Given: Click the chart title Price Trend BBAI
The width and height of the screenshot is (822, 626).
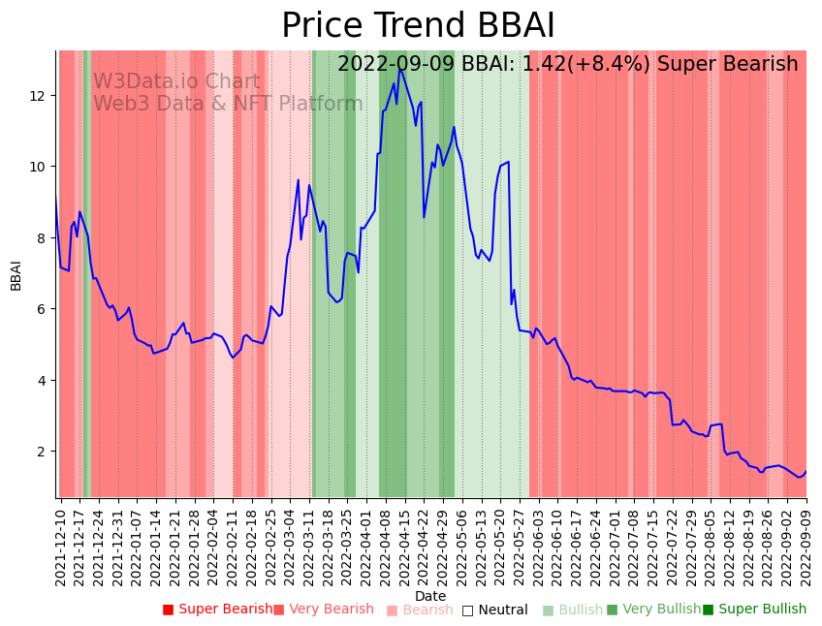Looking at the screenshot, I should point(418,26).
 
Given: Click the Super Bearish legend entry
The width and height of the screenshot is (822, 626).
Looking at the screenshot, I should point(218,610).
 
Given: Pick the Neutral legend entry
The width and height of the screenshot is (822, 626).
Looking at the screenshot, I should point(495,610).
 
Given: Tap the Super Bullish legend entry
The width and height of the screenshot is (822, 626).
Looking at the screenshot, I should point(755,610).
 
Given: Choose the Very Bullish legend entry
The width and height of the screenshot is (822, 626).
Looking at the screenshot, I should point(654,610).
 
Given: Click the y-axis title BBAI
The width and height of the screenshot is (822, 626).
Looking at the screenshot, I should point(16,274).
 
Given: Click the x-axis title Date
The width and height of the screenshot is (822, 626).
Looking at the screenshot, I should point(430,597).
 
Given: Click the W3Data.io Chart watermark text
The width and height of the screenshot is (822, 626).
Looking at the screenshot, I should point(176,82).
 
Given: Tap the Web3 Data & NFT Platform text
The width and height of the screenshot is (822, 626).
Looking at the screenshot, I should point(228,105).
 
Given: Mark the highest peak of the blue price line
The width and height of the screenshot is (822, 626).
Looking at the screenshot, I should point(399,69).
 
